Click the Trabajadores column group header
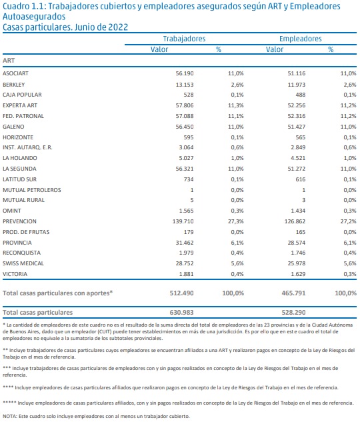184,39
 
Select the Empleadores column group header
300,39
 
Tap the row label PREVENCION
19,221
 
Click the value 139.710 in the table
183,221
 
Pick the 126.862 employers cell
295,221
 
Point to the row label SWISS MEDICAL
23,263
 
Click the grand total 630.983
181,313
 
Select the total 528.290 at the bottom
293,313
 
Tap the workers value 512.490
181,293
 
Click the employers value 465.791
293,293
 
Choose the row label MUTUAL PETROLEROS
32,190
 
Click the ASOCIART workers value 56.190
185,73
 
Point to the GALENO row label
13,127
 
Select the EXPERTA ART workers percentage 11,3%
236,105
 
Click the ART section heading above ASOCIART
9,61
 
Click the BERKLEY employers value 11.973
297,85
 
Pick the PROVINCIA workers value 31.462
185,243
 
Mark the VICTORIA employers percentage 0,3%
350,274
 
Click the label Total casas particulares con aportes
57,293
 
